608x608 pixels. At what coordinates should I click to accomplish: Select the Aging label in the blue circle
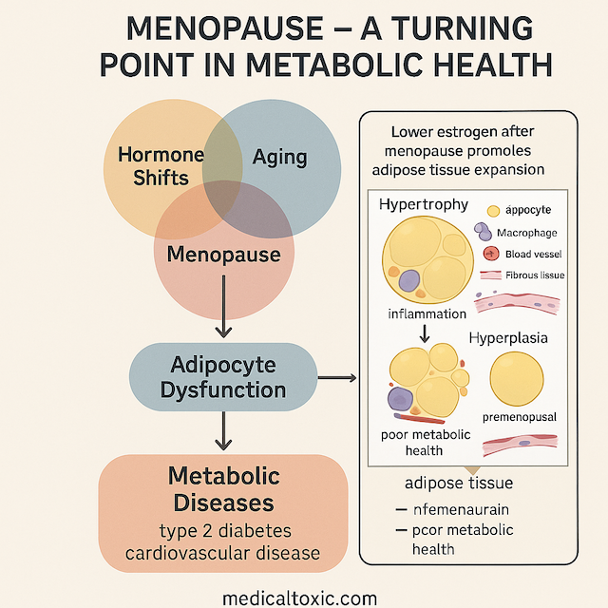280,156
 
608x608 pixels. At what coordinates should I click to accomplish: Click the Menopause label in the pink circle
224,254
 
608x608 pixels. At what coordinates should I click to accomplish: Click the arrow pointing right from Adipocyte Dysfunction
336,379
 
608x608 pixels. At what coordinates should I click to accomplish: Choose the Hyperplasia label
509,337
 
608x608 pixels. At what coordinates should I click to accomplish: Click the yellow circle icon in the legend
493,211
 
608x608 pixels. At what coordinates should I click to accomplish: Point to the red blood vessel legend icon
491,254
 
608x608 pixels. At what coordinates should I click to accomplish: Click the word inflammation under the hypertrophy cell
427,313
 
